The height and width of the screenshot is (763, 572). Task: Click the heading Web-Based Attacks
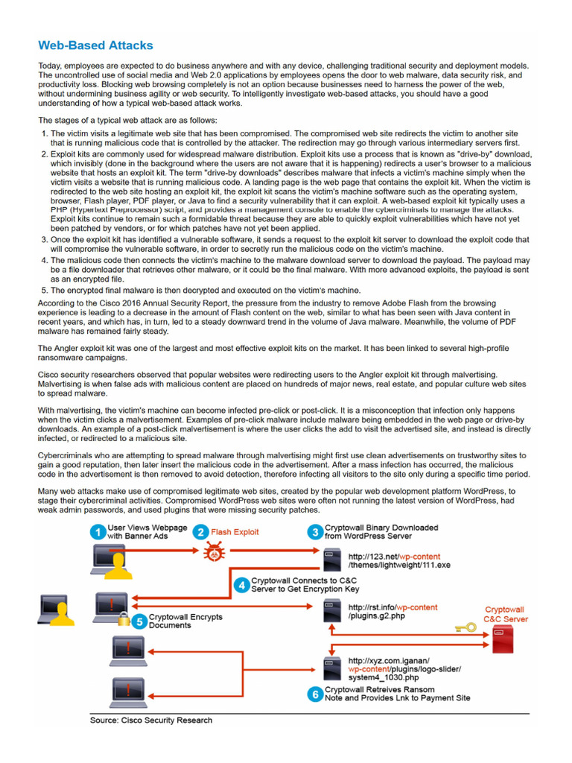pyautogui.click(x=95, y=45)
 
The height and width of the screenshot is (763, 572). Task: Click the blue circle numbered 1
pyautogui.click(x=97, y=532)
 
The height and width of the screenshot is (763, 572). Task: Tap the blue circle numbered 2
pyautogui.click(x=200, y=532)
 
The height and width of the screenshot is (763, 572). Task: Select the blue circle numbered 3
pyautogui.click(x=315, y=532)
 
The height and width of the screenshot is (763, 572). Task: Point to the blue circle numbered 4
pyautogui.click(x=241, y=585)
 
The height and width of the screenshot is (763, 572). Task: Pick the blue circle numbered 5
pyautogui.click(x=139, y=621)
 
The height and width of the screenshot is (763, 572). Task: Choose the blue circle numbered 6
pyautogui.click(x=315, y=694)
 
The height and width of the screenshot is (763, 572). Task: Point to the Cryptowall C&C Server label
pyautogui.click(x=505, y=614)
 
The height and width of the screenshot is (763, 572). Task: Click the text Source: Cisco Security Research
pyautogui.click(x=151, y=720)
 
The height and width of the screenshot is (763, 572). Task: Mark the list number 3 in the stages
pyautogui.click(x=43, y=240)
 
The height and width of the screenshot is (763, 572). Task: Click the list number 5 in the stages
pyautogui.click(x=43, y=290)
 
